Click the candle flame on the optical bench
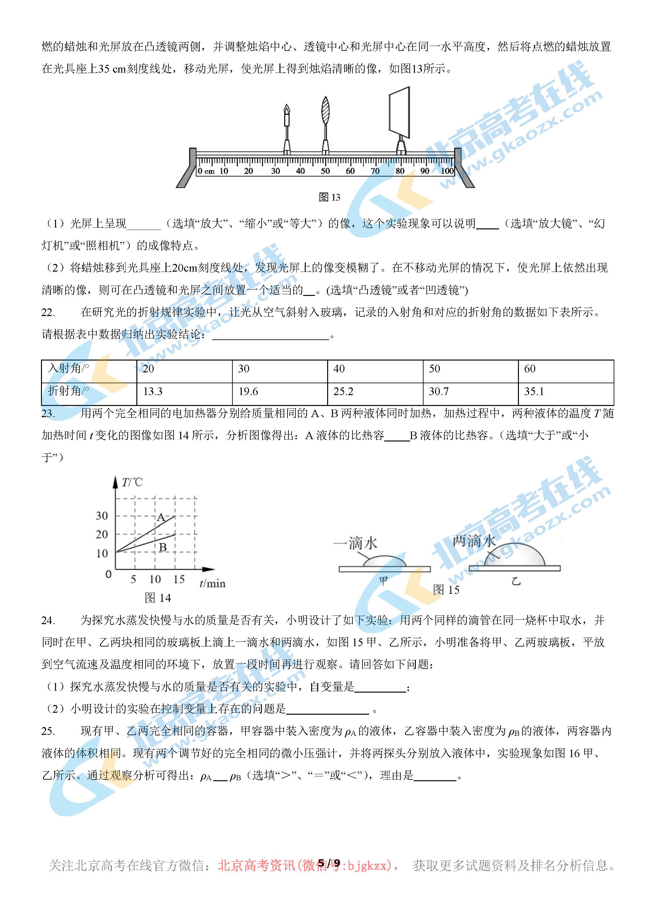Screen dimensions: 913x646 [x=287, y=109]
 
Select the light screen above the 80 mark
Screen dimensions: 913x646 [x=399, y=111]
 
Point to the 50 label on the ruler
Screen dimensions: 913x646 [x=325, y=171]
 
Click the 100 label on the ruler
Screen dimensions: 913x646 [x=447, y=171]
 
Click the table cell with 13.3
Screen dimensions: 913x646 [x=184, y=392]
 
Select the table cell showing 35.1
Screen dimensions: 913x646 [x=566, y=392]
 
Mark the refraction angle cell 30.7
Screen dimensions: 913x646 [x=471, y=392]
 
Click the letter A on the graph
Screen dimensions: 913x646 [x=161, y=517]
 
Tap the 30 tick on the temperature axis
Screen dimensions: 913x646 [x=102, y=516]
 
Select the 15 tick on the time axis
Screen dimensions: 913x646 [x=179, y=579]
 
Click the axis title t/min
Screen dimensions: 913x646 [x=212, y=584]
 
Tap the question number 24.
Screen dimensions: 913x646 [x=48, y=620]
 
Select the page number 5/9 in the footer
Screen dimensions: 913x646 [x=329, y=862]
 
